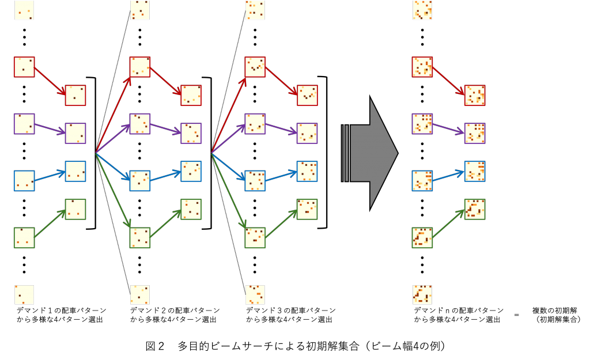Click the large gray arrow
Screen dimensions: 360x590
coord(372,153)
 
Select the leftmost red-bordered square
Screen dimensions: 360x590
coord(24,67)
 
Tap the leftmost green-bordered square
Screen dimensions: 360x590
coord(24,237)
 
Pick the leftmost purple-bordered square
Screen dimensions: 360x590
coord(24,124)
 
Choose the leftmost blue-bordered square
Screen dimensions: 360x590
coord(24,180)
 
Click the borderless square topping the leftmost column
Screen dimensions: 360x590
coord(24,10)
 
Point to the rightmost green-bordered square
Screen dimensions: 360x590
coord(475,209)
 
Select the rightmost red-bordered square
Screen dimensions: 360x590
coord(475,95)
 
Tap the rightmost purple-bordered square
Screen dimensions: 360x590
coord(475,133)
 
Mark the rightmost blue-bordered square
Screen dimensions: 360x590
coord(475,171)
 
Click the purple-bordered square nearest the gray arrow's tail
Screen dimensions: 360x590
coord(307,133)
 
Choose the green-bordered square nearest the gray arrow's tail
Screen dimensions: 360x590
coord(307,209)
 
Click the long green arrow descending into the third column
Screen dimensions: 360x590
coord(229,191)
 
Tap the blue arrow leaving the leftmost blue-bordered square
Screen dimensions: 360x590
coord(50,176)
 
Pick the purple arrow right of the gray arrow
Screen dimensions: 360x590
coord(448,128)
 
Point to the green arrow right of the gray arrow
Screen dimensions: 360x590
coord(448,223)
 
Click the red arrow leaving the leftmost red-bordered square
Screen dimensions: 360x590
coord(50,81)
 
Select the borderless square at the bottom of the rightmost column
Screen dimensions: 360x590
coord(422,294)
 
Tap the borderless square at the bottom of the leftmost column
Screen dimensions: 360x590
coord(24,294)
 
